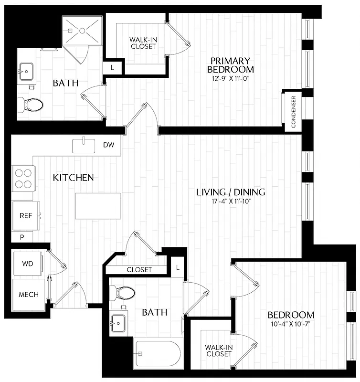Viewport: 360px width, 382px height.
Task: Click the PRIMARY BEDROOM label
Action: (x=231, y=65)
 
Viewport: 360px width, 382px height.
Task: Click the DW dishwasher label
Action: (x=108, y=144)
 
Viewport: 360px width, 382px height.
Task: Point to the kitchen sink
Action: (x=84, y=145)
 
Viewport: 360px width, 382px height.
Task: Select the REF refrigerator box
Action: (x=26, y=215)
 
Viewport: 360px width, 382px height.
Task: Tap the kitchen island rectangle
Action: (x=98, y=206)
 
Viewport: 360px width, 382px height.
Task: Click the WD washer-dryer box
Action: (x=27, y=263)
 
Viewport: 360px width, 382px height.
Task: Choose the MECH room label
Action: (x=28, y=295)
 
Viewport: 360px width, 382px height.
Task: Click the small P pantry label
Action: (x=22, y=237)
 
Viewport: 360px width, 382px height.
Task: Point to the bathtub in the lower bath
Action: (x=158, y=353)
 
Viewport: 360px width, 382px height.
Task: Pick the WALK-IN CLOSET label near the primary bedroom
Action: (x=143, y=43)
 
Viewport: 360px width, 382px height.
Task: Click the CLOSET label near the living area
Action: (x=139, y=270)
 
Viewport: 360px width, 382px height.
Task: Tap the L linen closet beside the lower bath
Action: (x=178, y=267)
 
